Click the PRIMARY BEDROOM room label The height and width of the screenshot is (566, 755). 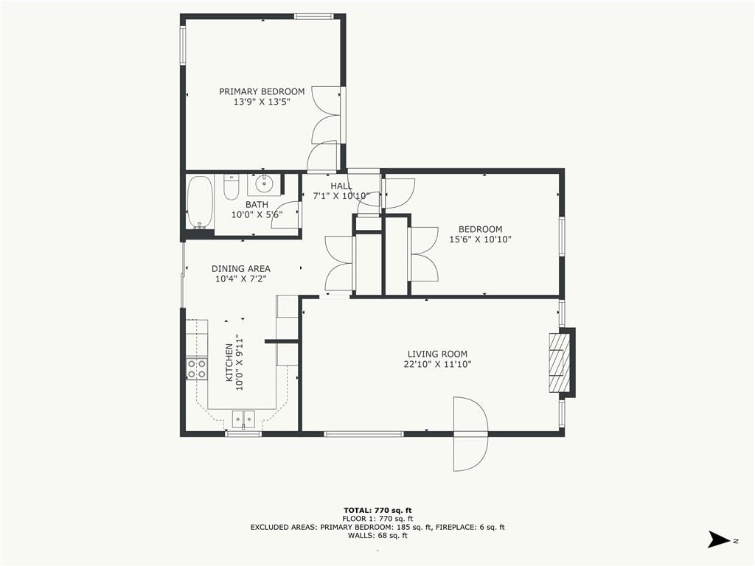click(x=262, y=91)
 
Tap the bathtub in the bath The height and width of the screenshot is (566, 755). click(x=200, y=203)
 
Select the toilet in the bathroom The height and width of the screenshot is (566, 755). click(x=232, y=187)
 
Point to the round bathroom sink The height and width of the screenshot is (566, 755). click(x=264, y=184)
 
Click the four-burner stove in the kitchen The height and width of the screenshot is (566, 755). click(x=197, y=368)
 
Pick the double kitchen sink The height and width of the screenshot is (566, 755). click(x=243, y=419)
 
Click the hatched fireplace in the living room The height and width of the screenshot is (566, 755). click(x=559, y=363)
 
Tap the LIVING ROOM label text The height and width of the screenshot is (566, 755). click(x=437, y=354)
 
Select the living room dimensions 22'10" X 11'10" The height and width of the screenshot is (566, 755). click(x=437, y=364)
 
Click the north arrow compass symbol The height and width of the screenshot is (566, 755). click(x=720, y=539)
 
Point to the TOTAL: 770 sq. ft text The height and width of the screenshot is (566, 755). click(x=377, y=510)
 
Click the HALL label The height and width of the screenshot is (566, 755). click(x=341, y=186)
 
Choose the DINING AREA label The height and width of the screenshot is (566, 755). click(x=241, y=268)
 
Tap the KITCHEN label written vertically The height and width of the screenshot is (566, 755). click(x=229, y=363)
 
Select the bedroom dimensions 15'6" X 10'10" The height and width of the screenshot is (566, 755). click(x=480, y=240)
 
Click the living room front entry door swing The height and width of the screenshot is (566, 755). click(x=471, y=433)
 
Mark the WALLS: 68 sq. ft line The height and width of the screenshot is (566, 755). click(x=377, y=535)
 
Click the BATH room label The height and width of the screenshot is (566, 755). click(x=257, y=205)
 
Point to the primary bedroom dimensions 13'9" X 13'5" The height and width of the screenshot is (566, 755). click(x=262, y=102)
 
